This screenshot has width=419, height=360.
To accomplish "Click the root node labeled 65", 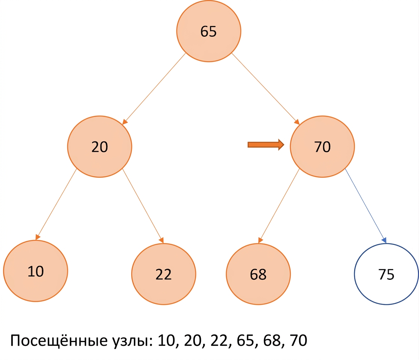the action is [x=209, y=31].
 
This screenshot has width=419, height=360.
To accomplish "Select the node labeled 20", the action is [x=100, y=147].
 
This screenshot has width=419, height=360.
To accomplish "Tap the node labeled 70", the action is [x=322, y=147].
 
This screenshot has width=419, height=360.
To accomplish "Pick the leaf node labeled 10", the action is [x=36, y=271].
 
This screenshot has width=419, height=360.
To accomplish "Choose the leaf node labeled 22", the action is [x=163, y=274].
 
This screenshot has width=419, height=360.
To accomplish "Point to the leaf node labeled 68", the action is [x=258, y=274].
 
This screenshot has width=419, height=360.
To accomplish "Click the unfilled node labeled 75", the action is [x=386, y=274].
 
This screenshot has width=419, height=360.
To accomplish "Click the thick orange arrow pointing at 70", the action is [x=266, y=145].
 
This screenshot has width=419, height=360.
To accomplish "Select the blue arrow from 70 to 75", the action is [x=365, y=206].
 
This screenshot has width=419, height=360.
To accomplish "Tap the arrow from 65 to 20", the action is [x=154, y=89].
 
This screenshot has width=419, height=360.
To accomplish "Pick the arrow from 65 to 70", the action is [x=266, y=89].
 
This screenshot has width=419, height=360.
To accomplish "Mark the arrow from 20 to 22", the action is [x=143, y=206].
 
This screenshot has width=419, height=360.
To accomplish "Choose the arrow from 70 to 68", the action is [x=279, y=206].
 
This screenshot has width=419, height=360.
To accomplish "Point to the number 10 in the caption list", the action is [x=166, y=340].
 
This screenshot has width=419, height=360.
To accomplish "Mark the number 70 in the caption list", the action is [x=299, y=340].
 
